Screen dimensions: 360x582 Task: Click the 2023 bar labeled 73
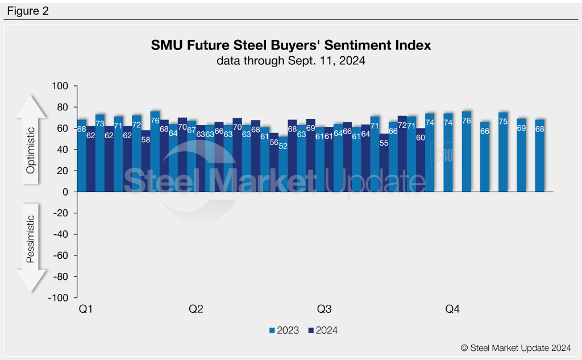coord(100,154)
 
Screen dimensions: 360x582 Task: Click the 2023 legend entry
coord(284,330)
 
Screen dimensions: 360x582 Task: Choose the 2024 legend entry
coord(322,330)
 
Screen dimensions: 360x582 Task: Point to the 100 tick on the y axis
coord(60,86)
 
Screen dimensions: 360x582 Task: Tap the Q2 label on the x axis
coord(196,310)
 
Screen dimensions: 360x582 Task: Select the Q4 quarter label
coord(452,310)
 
